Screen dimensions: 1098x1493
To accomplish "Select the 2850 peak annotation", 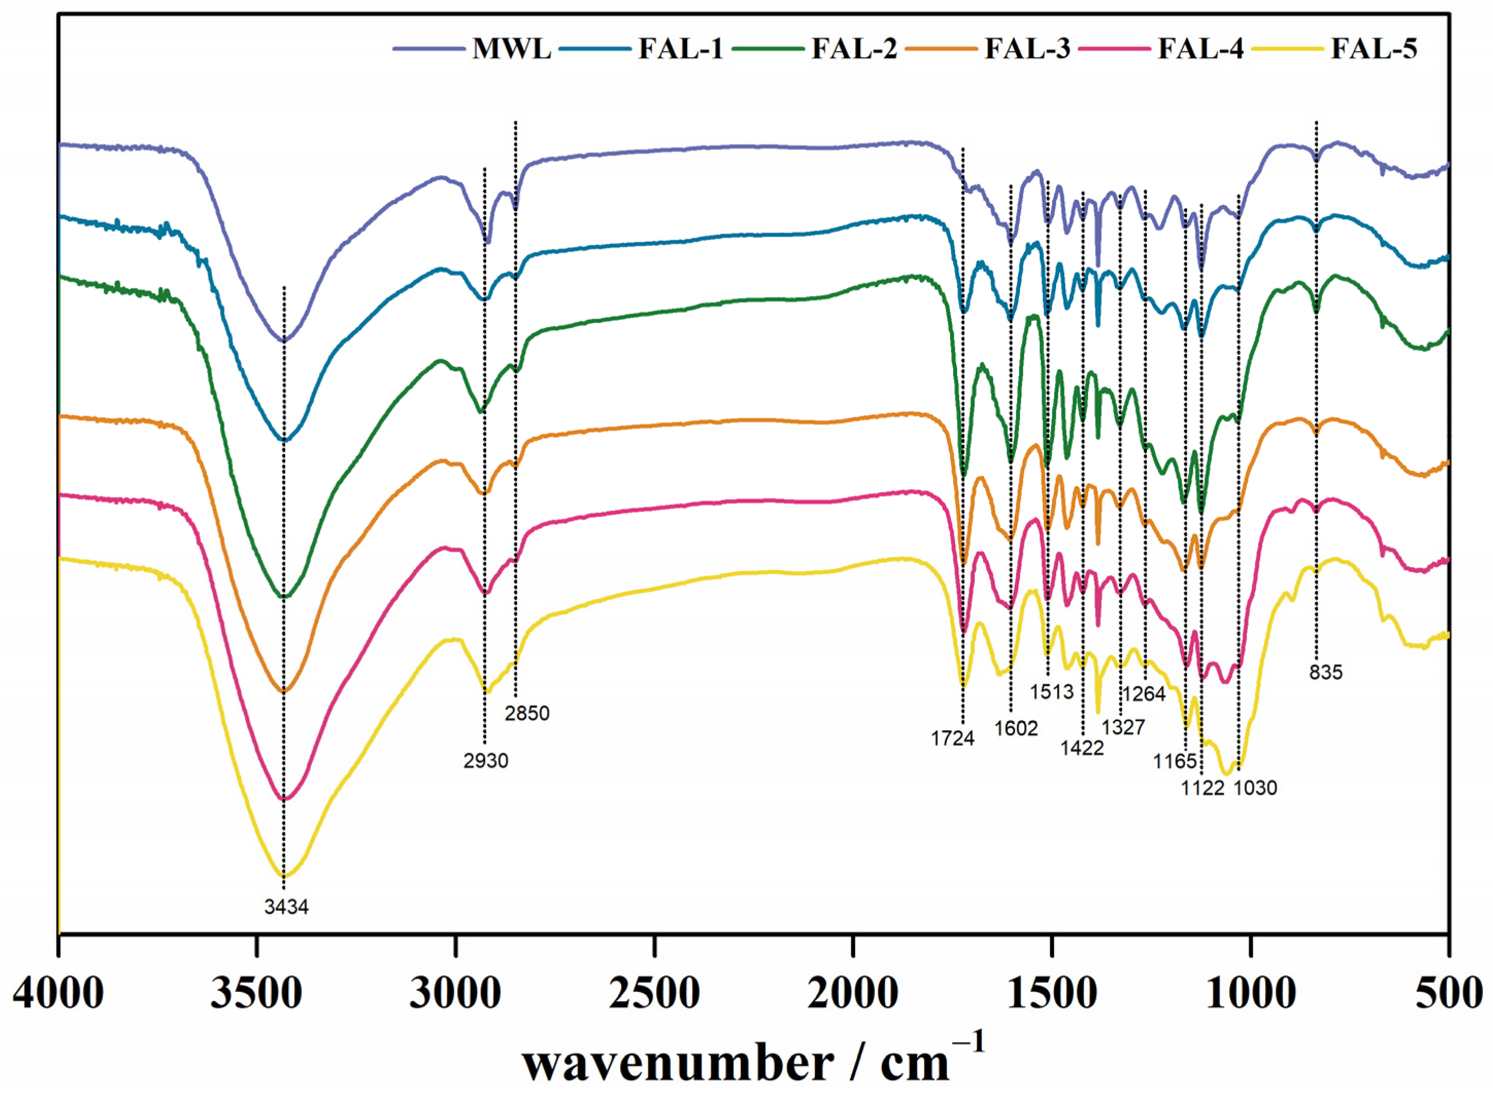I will [x=527, y=714].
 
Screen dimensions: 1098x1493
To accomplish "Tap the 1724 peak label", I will [x=953, y=739].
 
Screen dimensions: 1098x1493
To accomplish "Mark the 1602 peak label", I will [x=1016, y=728].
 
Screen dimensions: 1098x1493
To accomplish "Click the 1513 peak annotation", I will [x=1051, y=692].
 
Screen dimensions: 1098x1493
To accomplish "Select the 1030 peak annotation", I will [x=1255, y=788].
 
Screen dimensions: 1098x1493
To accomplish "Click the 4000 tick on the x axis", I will [x=59, y=995].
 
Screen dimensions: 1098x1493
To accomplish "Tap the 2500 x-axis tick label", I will [x=654, y=995].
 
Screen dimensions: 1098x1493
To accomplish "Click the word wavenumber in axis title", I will [x=678, y=1063].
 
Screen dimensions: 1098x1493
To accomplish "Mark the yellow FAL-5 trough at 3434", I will [x=284, y=876].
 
